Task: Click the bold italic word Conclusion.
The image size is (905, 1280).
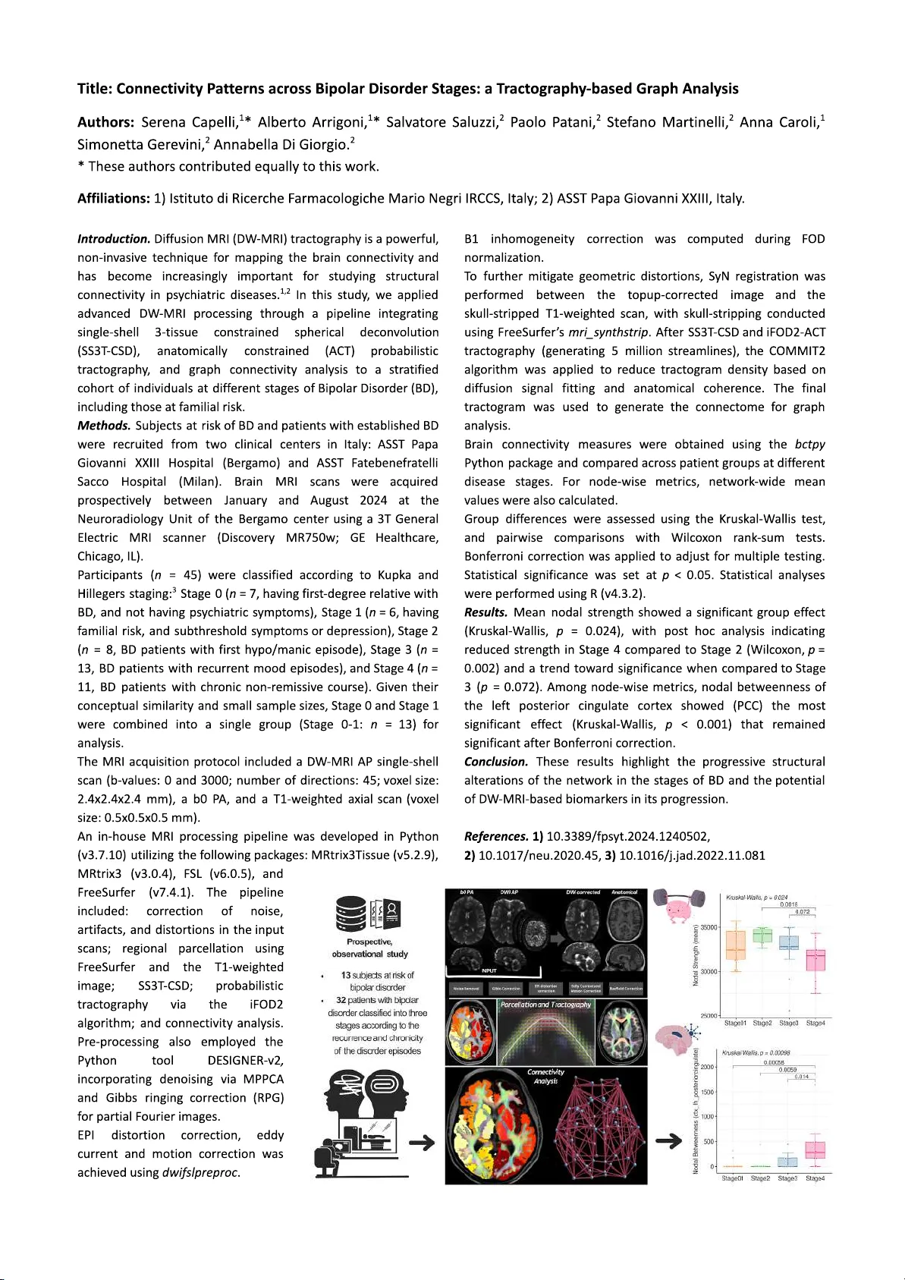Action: click(x=496, y=762)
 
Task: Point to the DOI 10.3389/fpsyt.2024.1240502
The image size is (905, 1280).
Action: click(x=627, y=837)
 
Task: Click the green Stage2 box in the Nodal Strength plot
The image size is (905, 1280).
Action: click(x=762, y=936)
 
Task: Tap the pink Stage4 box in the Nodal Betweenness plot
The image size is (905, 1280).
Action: click(x=815, y=1150)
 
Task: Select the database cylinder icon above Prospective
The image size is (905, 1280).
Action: click(x=351, y=914)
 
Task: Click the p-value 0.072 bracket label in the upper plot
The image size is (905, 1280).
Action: click(x=802, y=912)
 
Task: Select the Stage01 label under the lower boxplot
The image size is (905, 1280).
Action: click(x=731, y=1178)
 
